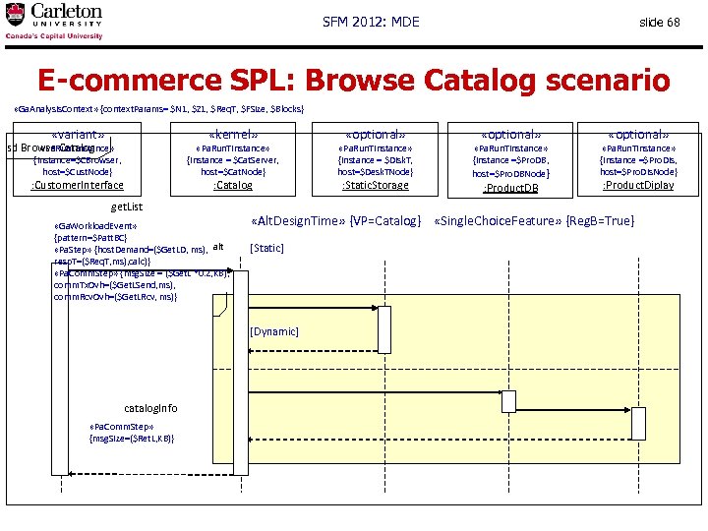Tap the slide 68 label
point(659,22)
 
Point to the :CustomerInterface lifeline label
point(78,185)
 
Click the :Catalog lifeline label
point(233,185)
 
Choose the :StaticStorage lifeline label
point(375,185)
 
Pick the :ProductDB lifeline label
point(510,188)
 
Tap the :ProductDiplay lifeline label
point(638,185)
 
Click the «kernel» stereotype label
point(233,135)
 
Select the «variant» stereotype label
point(78,135)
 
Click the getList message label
point(127,207)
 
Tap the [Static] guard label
point(267,248)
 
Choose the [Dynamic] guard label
point(274,331)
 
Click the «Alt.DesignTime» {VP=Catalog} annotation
point(336,221)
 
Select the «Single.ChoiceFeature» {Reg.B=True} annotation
point(534,221)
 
